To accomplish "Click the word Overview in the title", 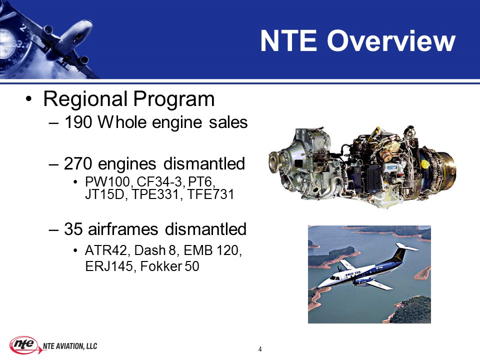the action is click(391, 41).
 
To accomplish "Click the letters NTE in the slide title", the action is click(288, 41).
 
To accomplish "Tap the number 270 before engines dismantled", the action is click(78, 163).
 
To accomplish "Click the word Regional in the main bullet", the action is click(85, 99).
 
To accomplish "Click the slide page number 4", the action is click(260, 349).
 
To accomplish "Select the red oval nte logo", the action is click(24, 345).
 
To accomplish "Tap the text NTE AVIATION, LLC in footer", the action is click(70, 346).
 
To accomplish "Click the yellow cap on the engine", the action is click(424, 164).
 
